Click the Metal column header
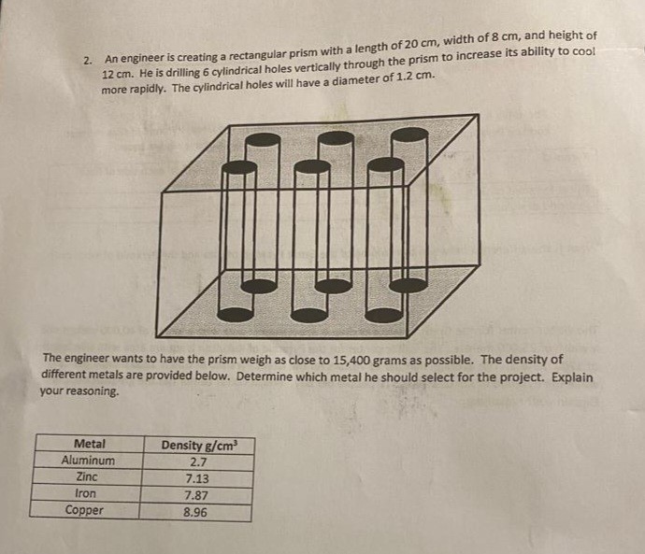point(90,444)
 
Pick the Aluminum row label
point(89,461)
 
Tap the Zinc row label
point(89,477)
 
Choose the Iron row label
point(89,494)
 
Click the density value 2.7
point(198,462)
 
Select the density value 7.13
point(197,478)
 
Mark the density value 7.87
point(197,495)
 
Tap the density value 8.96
point(196,512)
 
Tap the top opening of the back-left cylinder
point(264,139)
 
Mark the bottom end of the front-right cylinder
point(384,315)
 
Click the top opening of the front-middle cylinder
point(311,167)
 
